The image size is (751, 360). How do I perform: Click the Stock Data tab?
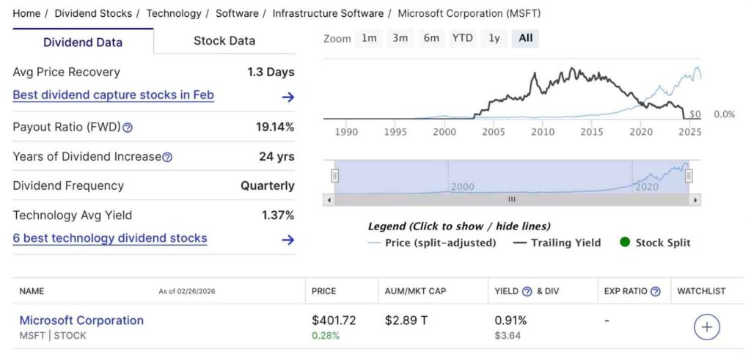click(x=224, y=41)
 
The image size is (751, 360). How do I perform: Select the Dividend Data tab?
click(x=83, y=42)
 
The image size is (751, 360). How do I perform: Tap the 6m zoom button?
click(x=431, y=38)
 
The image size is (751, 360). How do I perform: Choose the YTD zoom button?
click(x=462, y=38)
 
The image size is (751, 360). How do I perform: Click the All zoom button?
click(x=525, y=38)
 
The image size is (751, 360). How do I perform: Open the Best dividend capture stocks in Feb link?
click(x=114, y=95)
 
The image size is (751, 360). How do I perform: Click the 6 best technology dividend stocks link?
click(x=110, y=238)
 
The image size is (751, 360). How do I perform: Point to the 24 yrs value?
click(x=276, y=156)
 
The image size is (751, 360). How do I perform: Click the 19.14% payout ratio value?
click(x=275, y=127)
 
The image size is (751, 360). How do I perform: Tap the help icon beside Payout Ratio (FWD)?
click(x=128, y=128)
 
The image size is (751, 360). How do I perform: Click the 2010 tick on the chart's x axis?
click(x=543, y=132)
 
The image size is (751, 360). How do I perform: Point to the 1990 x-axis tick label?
click(x=346, y=132)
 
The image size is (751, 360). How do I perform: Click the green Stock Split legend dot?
click(x=625, y=243)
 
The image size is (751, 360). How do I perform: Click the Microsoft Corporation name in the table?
click(x=81, y=320)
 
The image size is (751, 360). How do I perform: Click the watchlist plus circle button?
click(x=707, y=327)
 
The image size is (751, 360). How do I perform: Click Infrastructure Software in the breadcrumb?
click(x=328, y=13)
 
